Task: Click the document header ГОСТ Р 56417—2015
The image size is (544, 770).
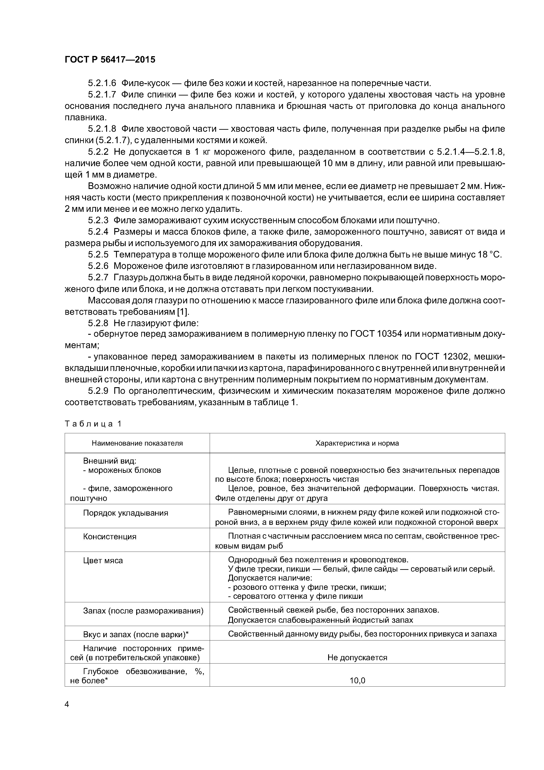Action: click(x=110, y=60)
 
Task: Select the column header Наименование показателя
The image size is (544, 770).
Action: click(x=137, y=443)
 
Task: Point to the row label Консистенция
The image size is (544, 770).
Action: click(x=110, y=537)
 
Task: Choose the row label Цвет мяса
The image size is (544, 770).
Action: click(x=103, y=561)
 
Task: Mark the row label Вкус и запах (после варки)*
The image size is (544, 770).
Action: click(x=136, y=635)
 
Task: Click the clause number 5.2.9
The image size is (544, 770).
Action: click(x=98, y=391)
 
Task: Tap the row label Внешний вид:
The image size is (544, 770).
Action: click(x=109, y=461)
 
